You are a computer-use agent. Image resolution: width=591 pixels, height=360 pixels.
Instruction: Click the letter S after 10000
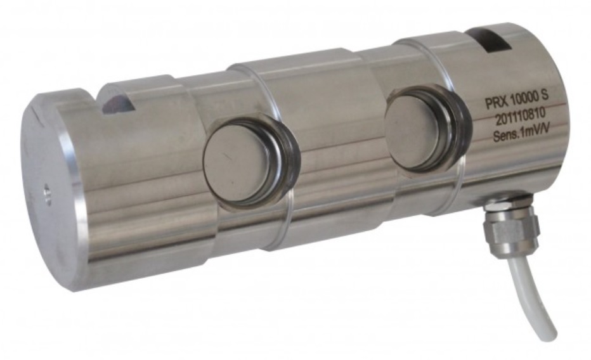(545, 96)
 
